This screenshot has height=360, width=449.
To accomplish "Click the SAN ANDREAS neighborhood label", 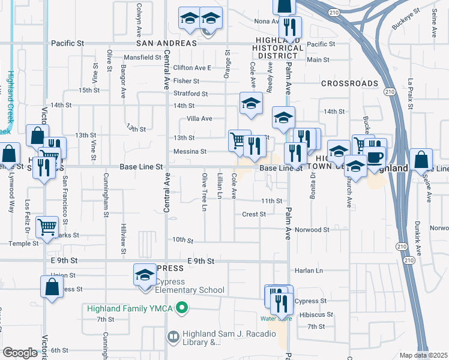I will [x=167, y=44].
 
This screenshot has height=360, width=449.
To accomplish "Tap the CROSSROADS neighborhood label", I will [x=349, y=83].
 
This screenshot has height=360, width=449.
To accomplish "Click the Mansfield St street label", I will [x=143, y=58].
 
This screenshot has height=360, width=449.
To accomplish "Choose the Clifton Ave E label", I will [x=193, y=68].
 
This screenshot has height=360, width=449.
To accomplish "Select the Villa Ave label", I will [x=199, y=119].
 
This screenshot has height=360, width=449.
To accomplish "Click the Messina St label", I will [x=190, y=152].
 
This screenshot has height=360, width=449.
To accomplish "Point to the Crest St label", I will [x=254, y=214].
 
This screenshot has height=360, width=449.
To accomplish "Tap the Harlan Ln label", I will [x=310, y=271].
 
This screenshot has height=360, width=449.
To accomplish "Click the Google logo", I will [x=20, y=353].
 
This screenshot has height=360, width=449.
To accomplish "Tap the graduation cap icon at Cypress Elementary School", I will [x=145, y=276].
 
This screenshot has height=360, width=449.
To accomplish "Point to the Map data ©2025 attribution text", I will [x=424, y=355].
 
